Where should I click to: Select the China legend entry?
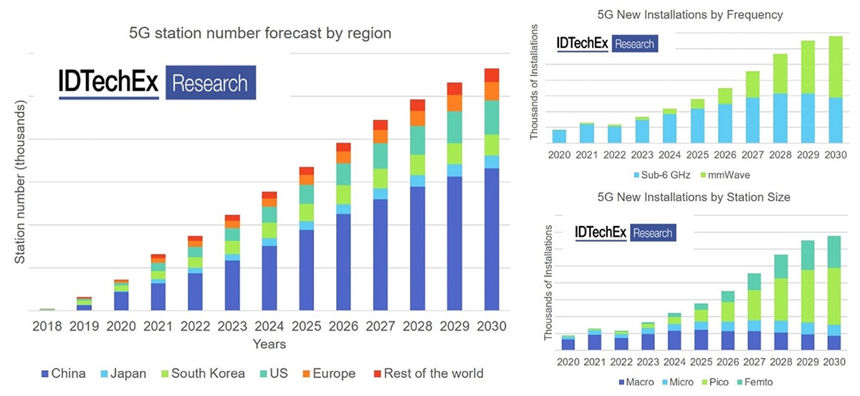pyautogui.click(x=64, y=373)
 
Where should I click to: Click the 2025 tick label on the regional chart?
pyautogui.click(x=306, y=326)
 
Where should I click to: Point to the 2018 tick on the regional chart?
pyautogui.click(x=47, y=326)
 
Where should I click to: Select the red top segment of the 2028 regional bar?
pyautogui.click(x=417, y=105)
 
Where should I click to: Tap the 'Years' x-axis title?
pyautogui.click(x=269, y=344)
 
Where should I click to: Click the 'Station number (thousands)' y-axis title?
pyautogui.click(x=21, y=183)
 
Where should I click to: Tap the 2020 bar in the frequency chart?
pyautogui.click(x=560, y=136)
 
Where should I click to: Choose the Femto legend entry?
pyautogui.click(x=758, y=382)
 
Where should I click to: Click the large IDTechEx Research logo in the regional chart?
pyautogui.click(x=157, y=82)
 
